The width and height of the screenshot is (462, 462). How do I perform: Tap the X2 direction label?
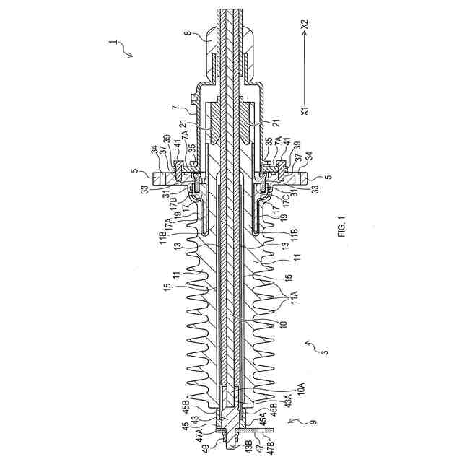click(x=305, y=24)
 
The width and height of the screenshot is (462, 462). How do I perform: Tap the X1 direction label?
click(x=305, y=110)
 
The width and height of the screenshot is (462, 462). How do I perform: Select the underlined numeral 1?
click(x=111, y=43)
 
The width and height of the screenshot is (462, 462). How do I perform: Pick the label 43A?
click(x=289, y=401)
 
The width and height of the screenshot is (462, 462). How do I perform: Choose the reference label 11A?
click(x=295, y=297)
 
